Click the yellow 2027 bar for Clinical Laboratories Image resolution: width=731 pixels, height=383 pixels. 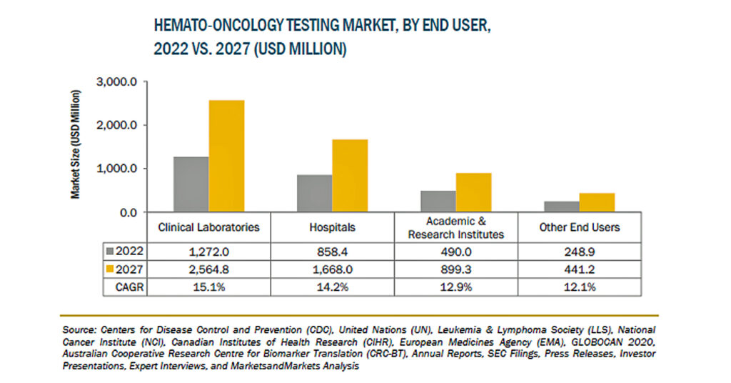[226, 156]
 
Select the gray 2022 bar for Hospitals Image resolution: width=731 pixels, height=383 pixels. [315, 193]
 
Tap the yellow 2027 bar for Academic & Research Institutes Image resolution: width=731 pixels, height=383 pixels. [474, 192]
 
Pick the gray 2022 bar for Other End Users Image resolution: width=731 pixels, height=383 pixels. [562, 207]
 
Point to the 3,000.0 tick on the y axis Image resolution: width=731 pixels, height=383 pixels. [116, 82]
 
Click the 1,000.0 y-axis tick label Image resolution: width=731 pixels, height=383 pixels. [116, 169]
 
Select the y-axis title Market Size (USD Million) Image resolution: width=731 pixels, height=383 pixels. [76, 144]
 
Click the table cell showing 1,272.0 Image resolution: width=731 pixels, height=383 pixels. [209, 252]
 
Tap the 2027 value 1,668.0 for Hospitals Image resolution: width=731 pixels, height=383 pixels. [333, 269]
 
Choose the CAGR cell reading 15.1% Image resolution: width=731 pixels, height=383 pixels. [209, 287]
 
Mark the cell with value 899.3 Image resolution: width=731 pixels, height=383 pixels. [456, 269]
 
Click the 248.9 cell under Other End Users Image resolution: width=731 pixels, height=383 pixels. [580, 252]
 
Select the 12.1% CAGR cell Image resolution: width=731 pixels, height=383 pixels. [580, 287]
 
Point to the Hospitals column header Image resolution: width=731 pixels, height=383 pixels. [333, 227]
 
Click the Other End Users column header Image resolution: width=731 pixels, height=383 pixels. [580, 227]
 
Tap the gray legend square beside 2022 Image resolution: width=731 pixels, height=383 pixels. [110, 251]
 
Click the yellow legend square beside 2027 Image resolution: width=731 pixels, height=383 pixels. [110, 269]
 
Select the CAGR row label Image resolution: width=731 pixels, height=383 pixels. [130, 287]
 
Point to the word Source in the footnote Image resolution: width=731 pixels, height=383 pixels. [79, 330]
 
